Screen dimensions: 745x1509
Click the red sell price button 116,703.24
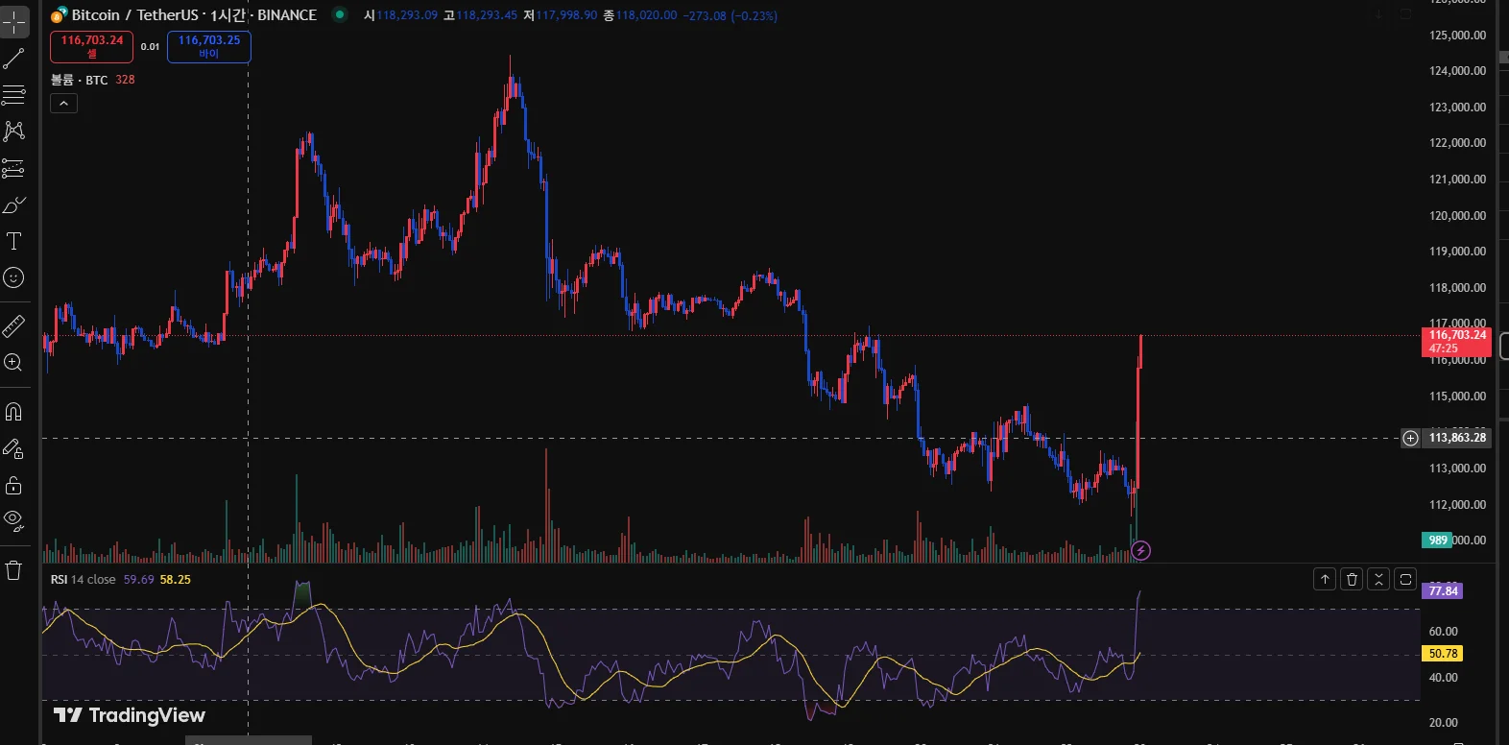pos(91,46)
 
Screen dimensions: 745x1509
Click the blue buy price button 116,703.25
pos(209,46)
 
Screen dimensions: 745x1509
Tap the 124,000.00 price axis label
pos(1457,71)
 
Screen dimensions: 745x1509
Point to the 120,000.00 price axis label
pos(1457,216)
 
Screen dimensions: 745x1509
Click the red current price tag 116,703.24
pos(1455,341)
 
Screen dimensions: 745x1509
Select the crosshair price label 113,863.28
pos(1456,438)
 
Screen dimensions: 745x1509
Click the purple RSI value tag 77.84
pos(1443,590)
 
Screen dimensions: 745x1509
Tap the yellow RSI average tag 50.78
pos(1443,654)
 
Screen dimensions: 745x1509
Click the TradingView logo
pos(130,715)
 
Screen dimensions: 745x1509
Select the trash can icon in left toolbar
pos(13,570)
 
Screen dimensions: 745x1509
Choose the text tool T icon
pos(13,241)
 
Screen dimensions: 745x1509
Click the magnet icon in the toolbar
pos(13,412)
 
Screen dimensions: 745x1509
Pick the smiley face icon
pos(13,277)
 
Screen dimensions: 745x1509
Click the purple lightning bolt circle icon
pos(1140,550)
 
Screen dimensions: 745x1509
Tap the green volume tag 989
pos(1437,540)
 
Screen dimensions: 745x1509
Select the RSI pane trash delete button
pos(1352,579)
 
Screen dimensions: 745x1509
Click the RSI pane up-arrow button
pos(1325,579)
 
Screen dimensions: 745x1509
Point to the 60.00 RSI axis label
pos(1443,632)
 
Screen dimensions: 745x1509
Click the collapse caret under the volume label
pos(63,103)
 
